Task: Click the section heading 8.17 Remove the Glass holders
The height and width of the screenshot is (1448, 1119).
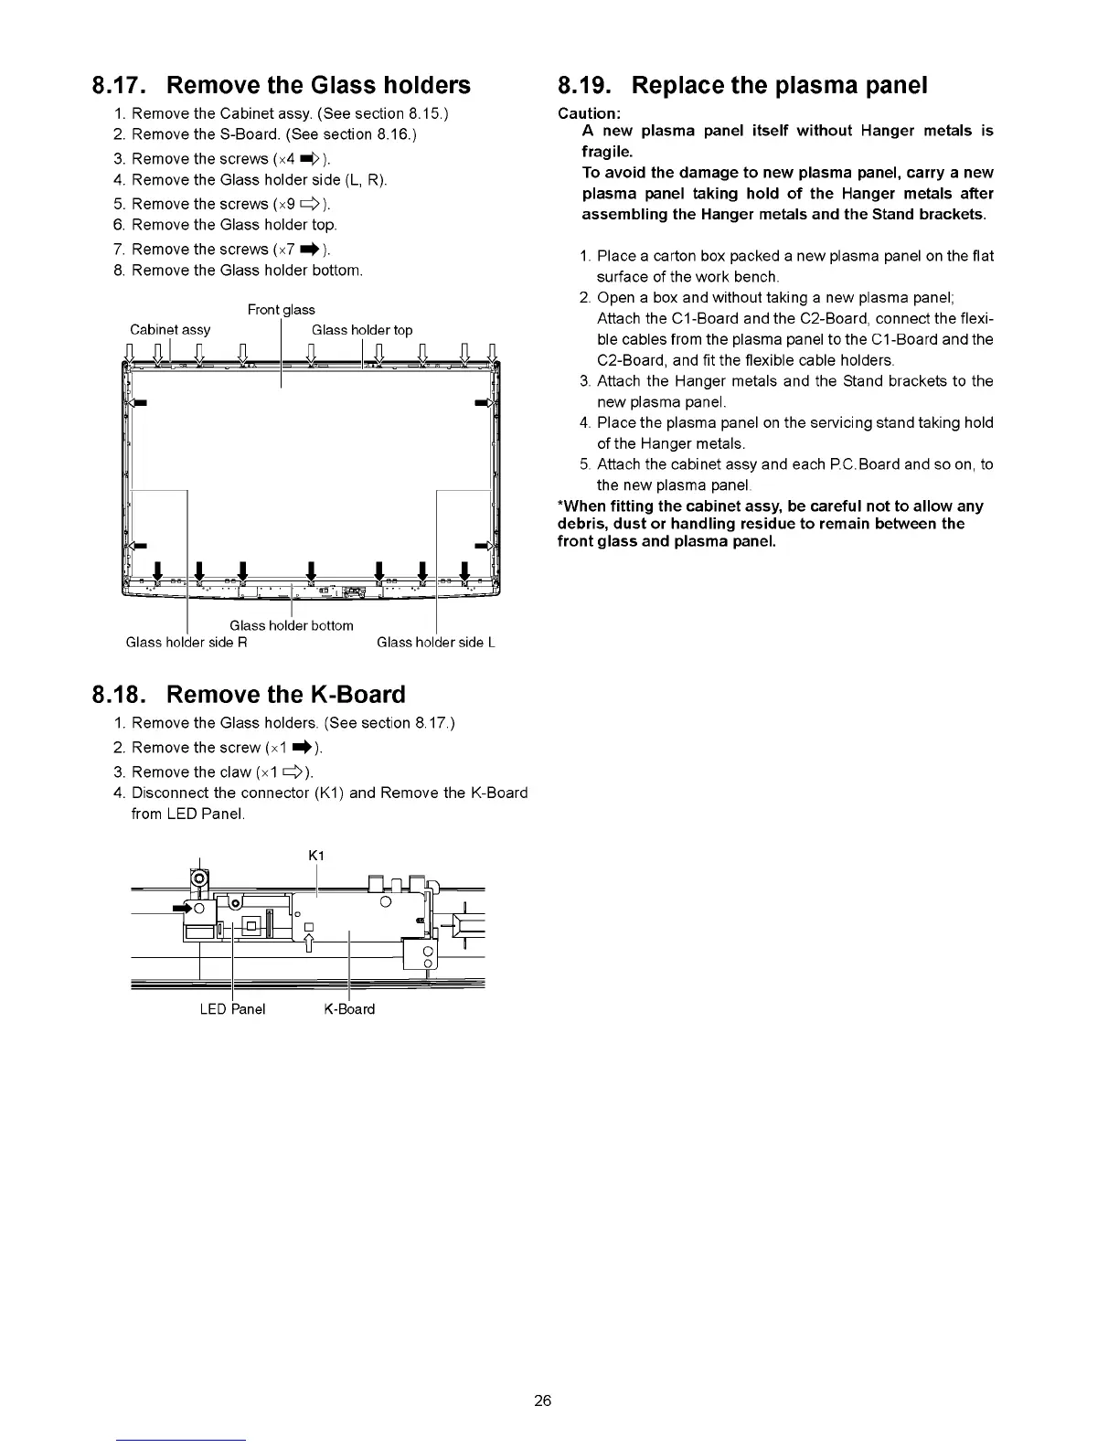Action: pos(282,85)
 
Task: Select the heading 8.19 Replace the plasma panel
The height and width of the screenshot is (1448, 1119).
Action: pos(742,85)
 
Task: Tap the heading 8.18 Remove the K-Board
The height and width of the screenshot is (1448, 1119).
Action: pos(249,695)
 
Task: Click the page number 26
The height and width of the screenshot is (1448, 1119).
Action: pos(543,1400)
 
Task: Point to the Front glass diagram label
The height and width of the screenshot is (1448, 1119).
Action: pos(281,310)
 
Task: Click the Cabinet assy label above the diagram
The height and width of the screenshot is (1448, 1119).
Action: pos(170,330)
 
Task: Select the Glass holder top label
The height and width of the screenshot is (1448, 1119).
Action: pos(362,330)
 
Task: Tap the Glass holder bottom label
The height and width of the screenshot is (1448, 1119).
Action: pos(291,625)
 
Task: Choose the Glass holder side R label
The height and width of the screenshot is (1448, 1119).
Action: pos(186,643)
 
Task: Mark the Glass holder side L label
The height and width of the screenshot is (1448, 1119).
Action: pos(435,643)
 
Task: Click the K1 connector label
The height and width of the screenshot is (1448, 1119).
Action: pos(316,856)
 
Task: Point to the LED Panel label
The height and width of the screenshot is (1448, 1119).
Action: pos(232,1009)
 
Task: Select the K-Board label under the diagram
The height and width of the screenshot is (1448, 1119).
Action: pos(349,1009)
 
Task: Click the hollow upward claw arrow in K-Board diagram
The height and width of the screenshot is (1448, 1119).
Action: pos(309,941)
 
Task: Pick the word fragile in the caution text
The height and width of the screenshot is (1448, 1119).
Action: pos(607,152)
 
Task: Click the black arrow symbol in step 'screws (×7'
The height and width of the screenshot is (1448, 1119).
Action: pos(310,249)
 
